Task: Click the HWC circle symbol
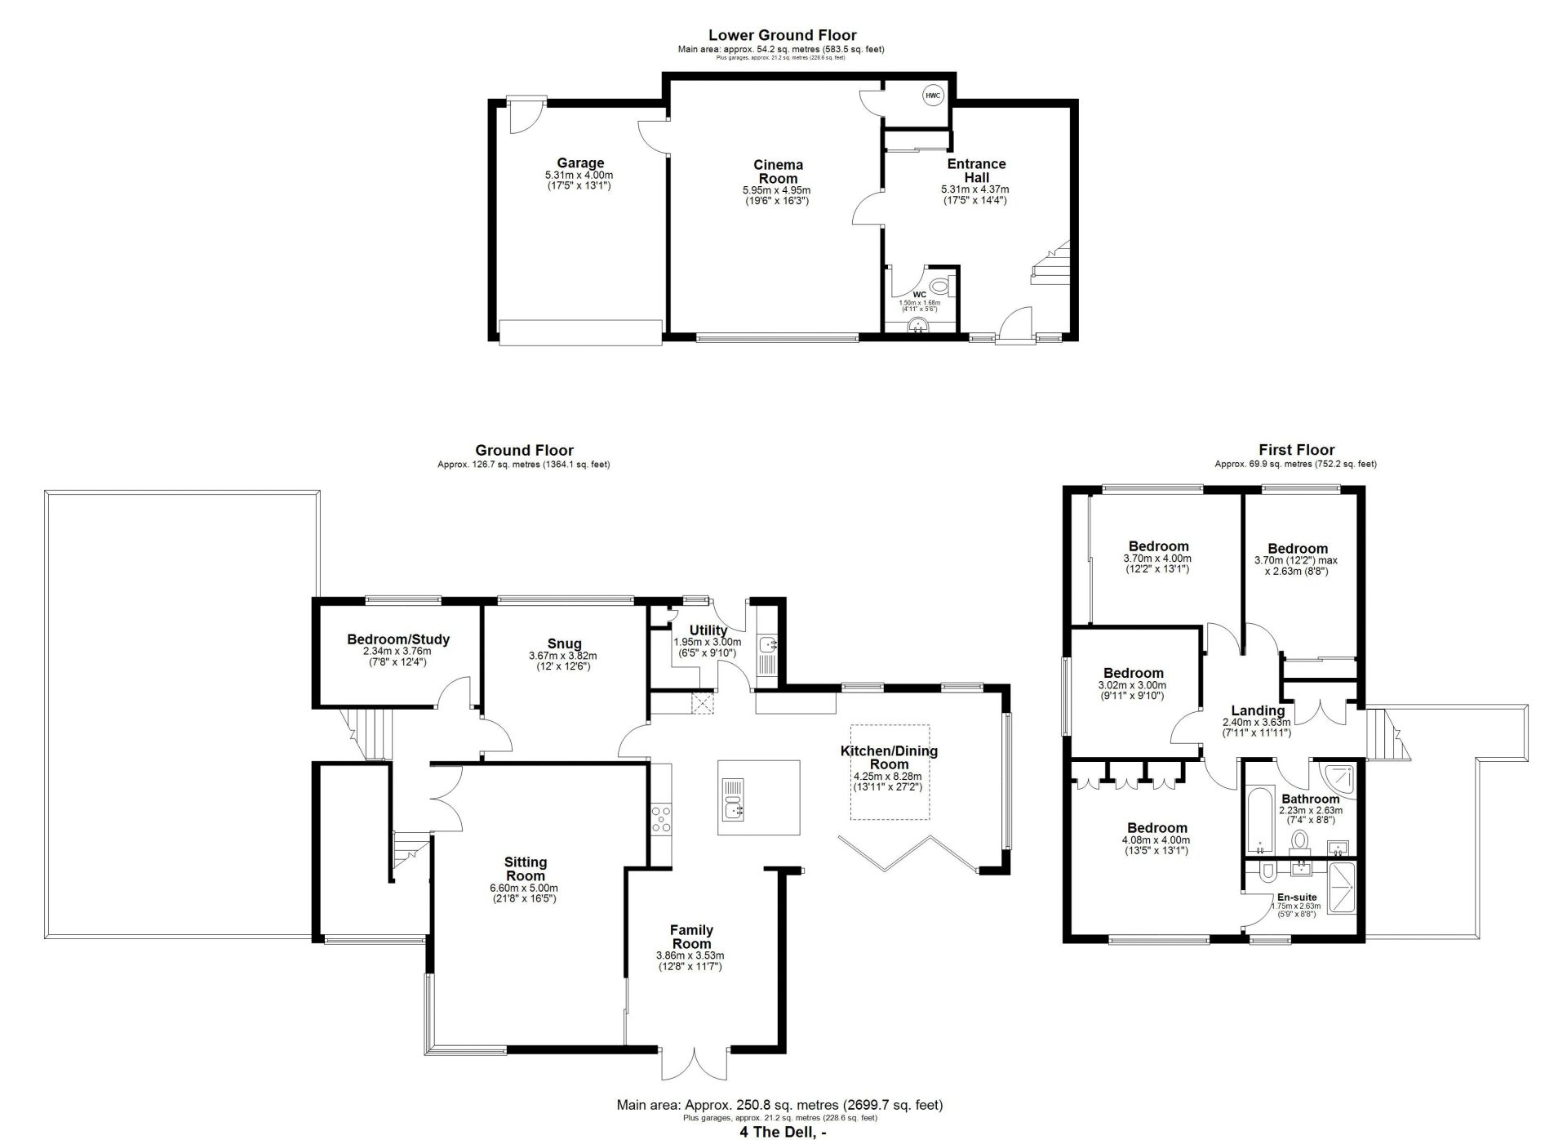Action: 932,96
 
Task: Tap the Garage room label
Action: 580,163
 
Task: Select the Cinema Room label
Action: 778,171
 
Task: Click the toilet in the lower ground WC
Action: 940,287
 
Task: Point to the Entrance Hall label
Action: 976,171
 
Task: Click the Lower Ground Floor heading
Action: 782,35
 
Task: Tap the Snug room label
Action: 565,643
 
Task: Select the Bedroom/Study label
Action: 398,639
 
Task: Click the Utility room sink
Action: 767,645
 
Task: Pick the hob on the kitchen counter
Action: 661,818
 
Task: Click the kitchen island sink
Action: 734,800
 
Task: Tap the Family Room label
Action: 691,937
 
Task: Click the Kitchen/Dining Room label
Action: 889,758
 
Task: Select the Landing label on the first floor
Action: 1258,710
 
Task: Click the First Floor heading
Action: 1296,450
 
